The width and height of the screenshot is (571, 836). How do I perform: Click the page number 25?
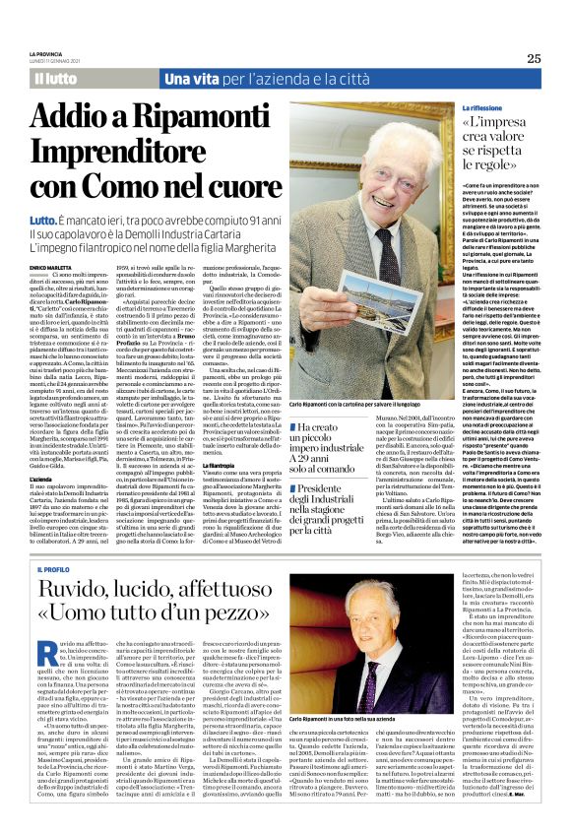point(534,58)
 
